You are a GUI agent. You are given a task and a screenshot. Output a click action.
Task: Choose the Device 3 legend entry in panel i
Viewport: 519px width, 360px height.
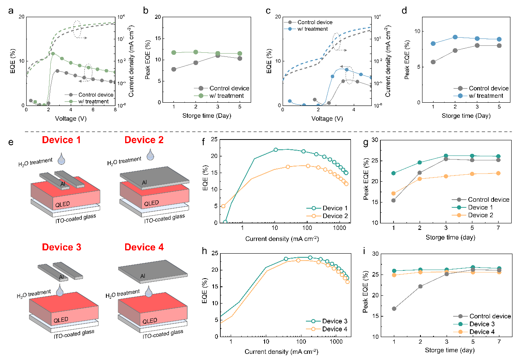pos(486,324)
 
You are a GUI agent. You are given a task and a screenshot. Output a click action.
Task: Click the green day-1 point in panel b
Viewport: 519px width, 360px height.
pos(174,53)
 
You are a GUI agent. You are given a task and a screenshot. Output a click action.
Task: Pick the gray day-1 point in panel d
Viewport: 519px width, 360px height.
pos(433,62)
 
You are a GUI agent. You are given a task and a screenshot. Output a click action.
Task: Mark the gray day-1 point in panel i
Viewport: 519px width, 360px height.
pos(394,308)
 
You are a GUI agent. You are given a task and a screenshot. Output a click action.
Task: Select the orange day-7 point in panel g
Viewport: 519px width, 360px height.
pos(498,173)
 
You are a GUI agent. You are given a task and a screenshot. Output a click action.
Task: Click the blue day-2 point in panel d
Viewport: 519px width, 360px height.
pos(455,37)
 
